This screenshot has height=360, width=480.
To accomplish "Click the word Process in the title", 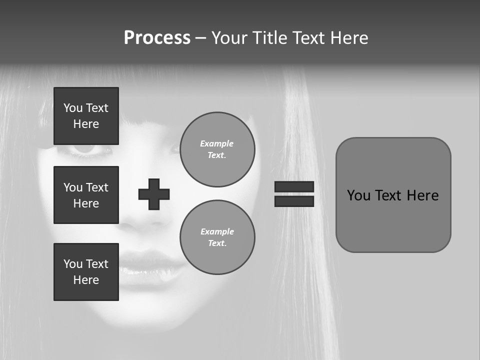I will pos(157,38).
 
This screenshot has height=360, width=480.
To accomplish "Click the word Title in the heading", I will pos(270,38).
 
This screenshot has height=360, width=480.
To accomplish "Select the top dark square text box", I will pos(86,116).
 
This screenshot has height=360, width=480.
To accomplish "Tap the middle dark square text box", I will pos(86,195).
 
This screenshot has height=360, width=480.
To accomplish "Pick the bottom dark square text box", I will pos(86,272).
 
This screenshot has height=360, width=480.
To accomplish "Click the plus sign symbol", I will pos(154,194).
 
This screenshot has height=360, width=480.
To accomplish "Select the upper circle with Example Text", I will pos(217,149).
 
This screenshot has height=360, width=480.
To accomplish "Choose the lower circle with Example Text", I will pos(217,237).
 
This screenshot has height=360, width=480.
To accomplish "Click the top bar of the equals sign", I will pos(294,187).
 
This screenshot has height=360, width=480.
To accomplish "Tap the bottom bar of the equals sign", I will pos(294,201).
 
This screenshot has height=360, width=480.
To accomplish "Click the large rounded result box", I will pos(393,194).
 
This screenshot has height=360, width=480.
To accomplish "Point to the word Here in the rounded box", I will pos(422,195).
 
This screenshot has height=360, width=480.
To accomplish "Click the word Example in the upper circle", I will pos(216,143).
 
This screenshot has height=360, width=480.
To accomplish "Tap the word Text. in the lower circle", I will pos(217,243).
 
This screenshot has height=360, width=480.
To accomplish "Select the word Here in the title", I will pos(349,38).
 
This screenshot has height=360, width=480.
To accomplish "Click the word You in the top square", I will pos(73,108).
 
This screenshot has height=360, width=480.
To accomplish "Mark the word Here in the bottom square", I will pos(86,280).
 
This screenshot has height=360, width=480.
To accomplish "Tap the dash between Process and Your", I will pos(201,38).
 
